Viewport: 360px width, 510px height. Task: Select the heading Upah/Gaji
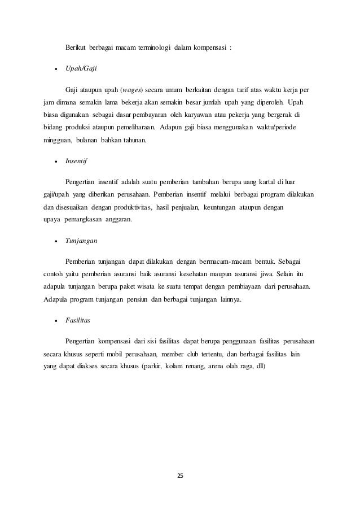point(82,67)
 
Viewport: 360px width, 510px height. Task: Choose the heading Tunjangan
point(81,240)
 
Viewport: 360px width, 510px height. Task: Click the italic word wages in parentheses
point(130,90)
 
